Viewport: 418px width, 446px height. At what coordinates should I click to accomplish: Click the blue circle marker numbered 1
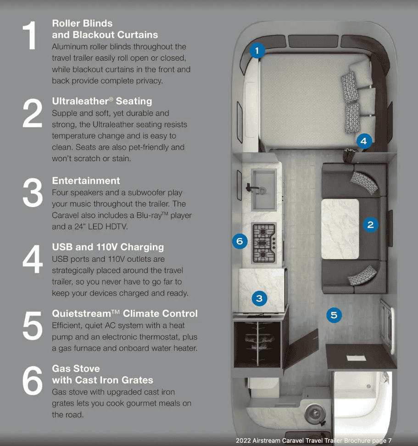pos(257,51)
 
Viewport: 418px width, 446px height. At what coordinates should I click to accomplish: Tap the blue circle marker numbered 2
pos(371,225)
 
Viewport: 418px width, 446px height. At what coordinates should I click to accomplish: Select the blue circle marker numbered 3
pos(259,299)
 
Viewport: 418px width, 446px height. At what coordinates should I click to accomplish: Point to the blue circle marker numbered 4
pos(364,141)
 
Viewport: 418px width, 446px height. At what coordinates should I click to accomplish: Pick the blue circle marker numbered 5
pos(334,315)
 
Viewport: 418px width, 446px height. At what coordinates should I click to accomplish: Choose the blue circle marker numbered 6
pos(240,241)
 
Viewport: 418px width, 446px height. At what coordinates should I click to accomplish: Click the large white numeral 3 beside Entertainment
pos(33,192)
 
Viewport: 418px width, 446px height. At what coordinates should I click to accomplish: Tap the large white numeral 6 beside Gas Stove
pos(33,380)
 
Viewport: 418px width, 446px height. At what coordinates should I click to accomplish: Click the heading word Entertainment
pos(86,181)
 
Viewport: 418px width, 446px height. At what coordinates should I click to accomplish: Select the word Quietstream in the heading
pos(82,313)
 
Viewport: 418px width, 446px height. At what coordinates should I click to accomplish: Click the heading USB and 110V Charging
pos(108,247)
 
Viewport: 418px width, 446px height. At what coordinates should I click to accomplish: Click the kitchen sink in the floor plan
pos(263,189)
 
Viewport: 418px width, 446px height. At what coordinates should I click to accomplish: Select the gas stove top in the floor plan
pos(264,243)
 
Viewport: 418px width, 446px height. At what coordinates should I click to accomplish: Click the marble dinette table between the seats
pos(340,229)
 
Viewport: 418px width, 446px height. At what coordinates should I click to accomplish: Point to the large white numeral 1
pos(29,35)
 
